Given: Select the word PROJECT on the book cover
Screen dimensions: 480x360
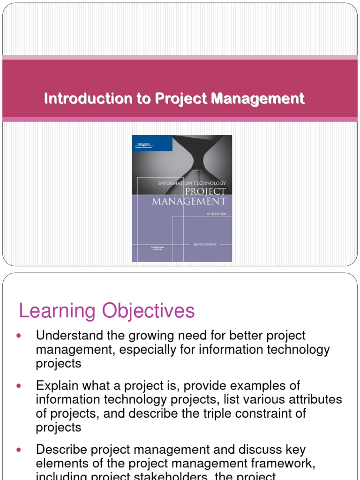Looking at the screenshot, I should coord(205,191).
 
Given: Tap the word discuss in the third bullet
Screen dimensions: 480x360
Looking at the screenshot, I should coord(266,450).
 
